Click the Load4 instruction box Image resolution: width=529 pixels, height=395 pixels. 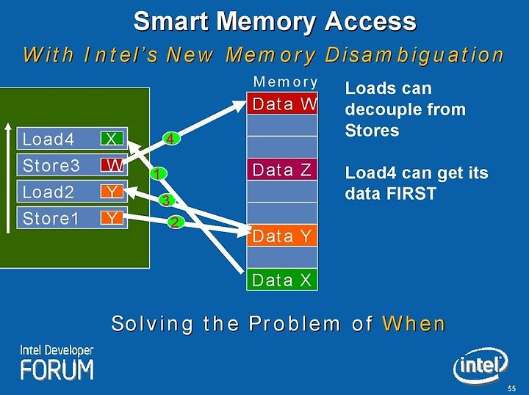click(x=72, y=138)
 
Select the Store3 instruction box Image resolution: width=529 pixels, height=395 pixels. click(x=72, y=164)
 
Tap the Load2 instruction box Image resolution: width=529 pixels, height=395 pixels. click(x=72, y=192)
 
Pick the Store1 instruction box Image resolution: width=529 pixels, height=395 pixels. click(x=72, y=218)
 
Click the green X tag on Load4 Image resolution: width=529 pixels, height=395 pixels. click(x=112, y=138)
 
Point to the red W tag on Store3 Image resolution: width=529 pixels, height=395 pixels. click(x=112, y=164)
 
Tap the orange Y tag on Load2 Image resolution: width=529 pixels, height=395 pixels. click(x=112, y=192)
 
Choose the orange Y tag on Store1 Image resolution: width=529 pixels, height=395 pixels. click(x=112, y=218)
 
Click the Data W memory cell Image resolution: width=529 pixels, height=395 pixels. click(x=282, y=103)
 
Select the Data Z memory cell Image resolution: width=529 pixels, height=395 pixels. click(x=282, y=169)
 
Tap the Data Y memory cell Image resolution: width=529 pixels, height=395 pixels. click(x=282, y=235)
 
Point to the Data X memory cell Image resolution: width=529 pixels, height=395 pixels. click(x=282, y=280)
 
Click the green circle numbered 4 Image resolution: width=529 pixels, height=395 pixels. click(x=171, y=139)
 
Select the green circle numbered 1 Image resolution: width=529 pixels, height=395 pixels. click(x=159, y=174)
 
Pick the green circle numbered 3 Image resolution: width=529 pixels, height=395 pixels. click(x=166, y=200)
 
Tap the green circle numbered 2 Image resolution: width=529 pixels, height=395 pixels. click(x=176, y=222)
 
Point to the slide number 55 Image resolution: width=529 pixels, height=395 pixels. click(x=512, y=388)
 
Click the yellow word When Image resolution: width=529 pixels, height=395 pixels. click(x=414, y=324)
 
